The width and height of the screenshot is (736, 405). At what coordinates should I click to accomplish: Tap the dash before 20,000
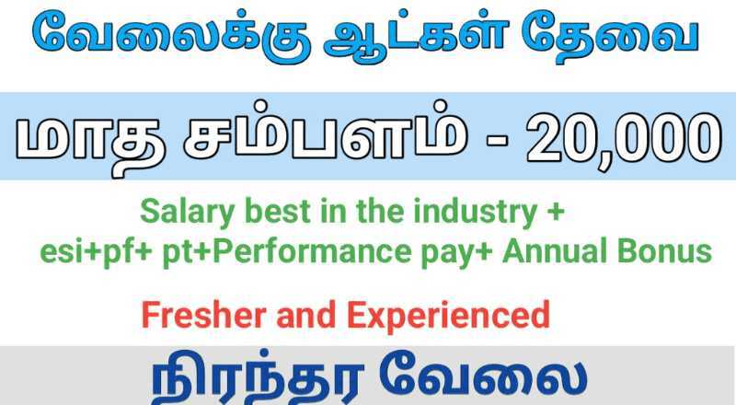point(497,142)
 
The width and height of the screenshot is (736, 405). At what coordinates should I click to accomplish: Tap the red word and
point(306,315)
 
